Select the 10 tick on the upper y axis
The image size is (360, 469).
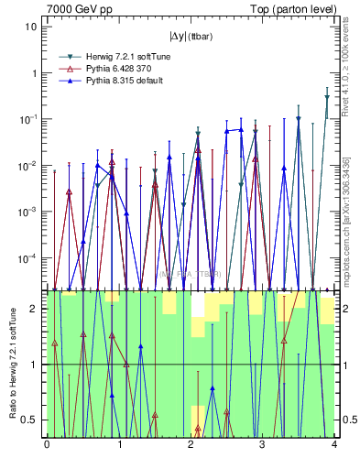point(31,27)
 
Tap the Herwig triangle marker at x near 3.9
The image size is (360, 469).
point(327,97)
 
